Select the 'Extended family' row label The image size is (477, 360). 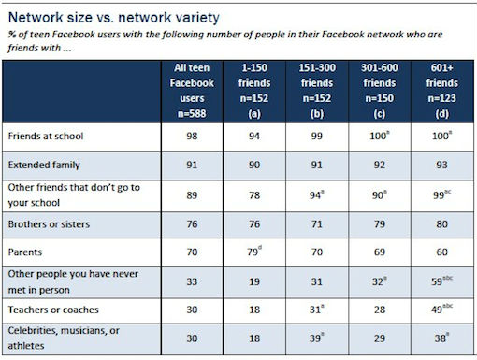coord(44,164)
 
